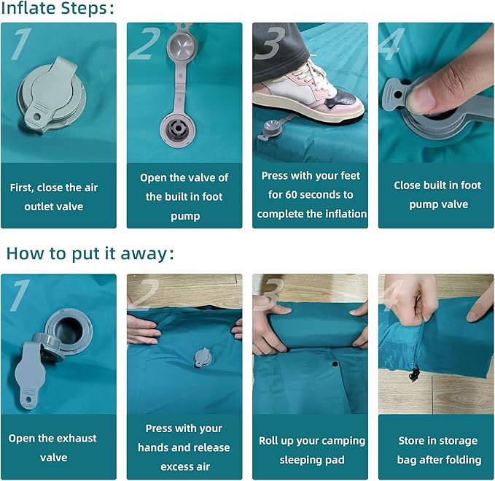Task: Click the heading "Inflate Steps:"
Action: [x=57, y=8]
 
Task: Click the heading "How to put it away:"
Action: [x=90, y=253]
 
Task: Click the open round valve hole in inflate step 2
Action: [x=178, y=128]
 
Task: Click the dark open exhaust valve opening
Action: [x=69, y=330]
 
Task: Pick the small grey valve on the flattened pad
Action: [x=202, y=358]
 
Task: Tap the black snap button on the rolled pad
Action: [x=335, y=364]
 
